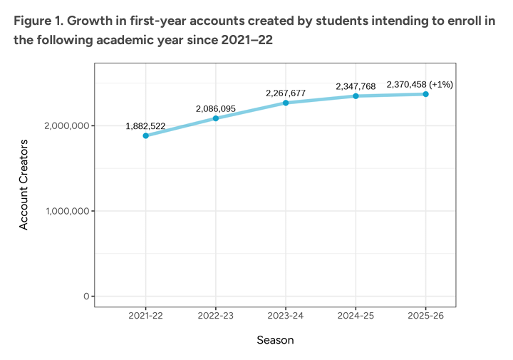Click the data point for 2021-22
(x=145, y=135)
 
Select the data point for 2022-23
(x=215, y=118)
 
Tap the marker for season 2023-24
(x=286, y=103)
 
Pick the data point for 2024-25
(x=356, y=96)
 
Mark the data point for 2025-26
(x=425, y=94)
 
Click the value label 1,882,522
(x=145, y=126)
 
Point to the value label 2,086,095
(x=215, y=109)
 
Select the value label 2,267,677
(x=286, y=93)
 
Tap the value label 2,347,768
(x=356, y=87)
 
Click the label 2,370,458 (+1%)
(x=420, y=84)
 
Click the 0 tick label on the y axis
(x=85, y=296)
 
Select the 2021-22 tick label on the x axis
(x=145, y=315)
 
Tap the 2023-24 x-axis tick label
(x=286, y=315)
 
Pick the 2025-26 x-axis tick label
(x=425, y=315)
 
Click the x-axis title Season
(x=275, y=340)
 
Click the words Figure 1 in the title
(x=36, y=20)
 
